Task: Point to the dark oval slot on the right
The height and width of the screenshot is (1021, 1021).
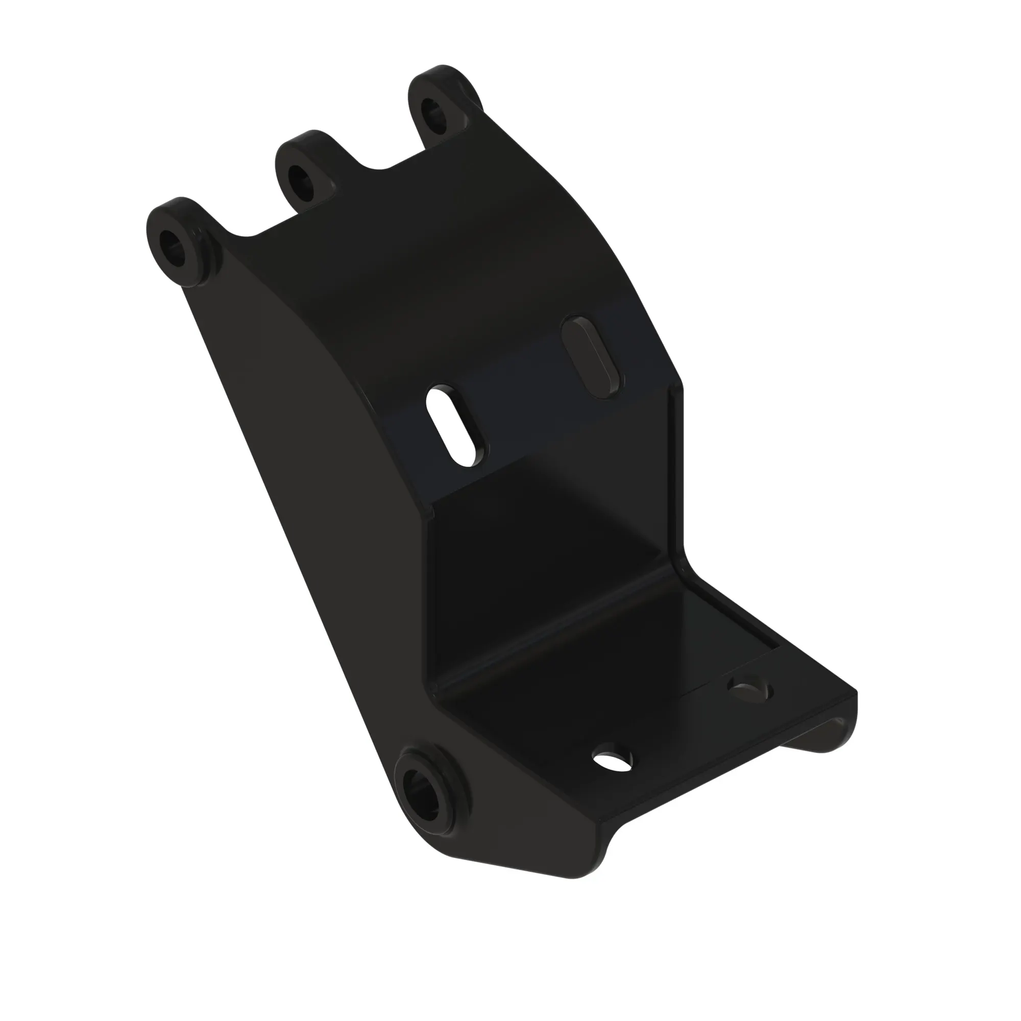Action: pyautogui.click(x=592, y=356)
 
